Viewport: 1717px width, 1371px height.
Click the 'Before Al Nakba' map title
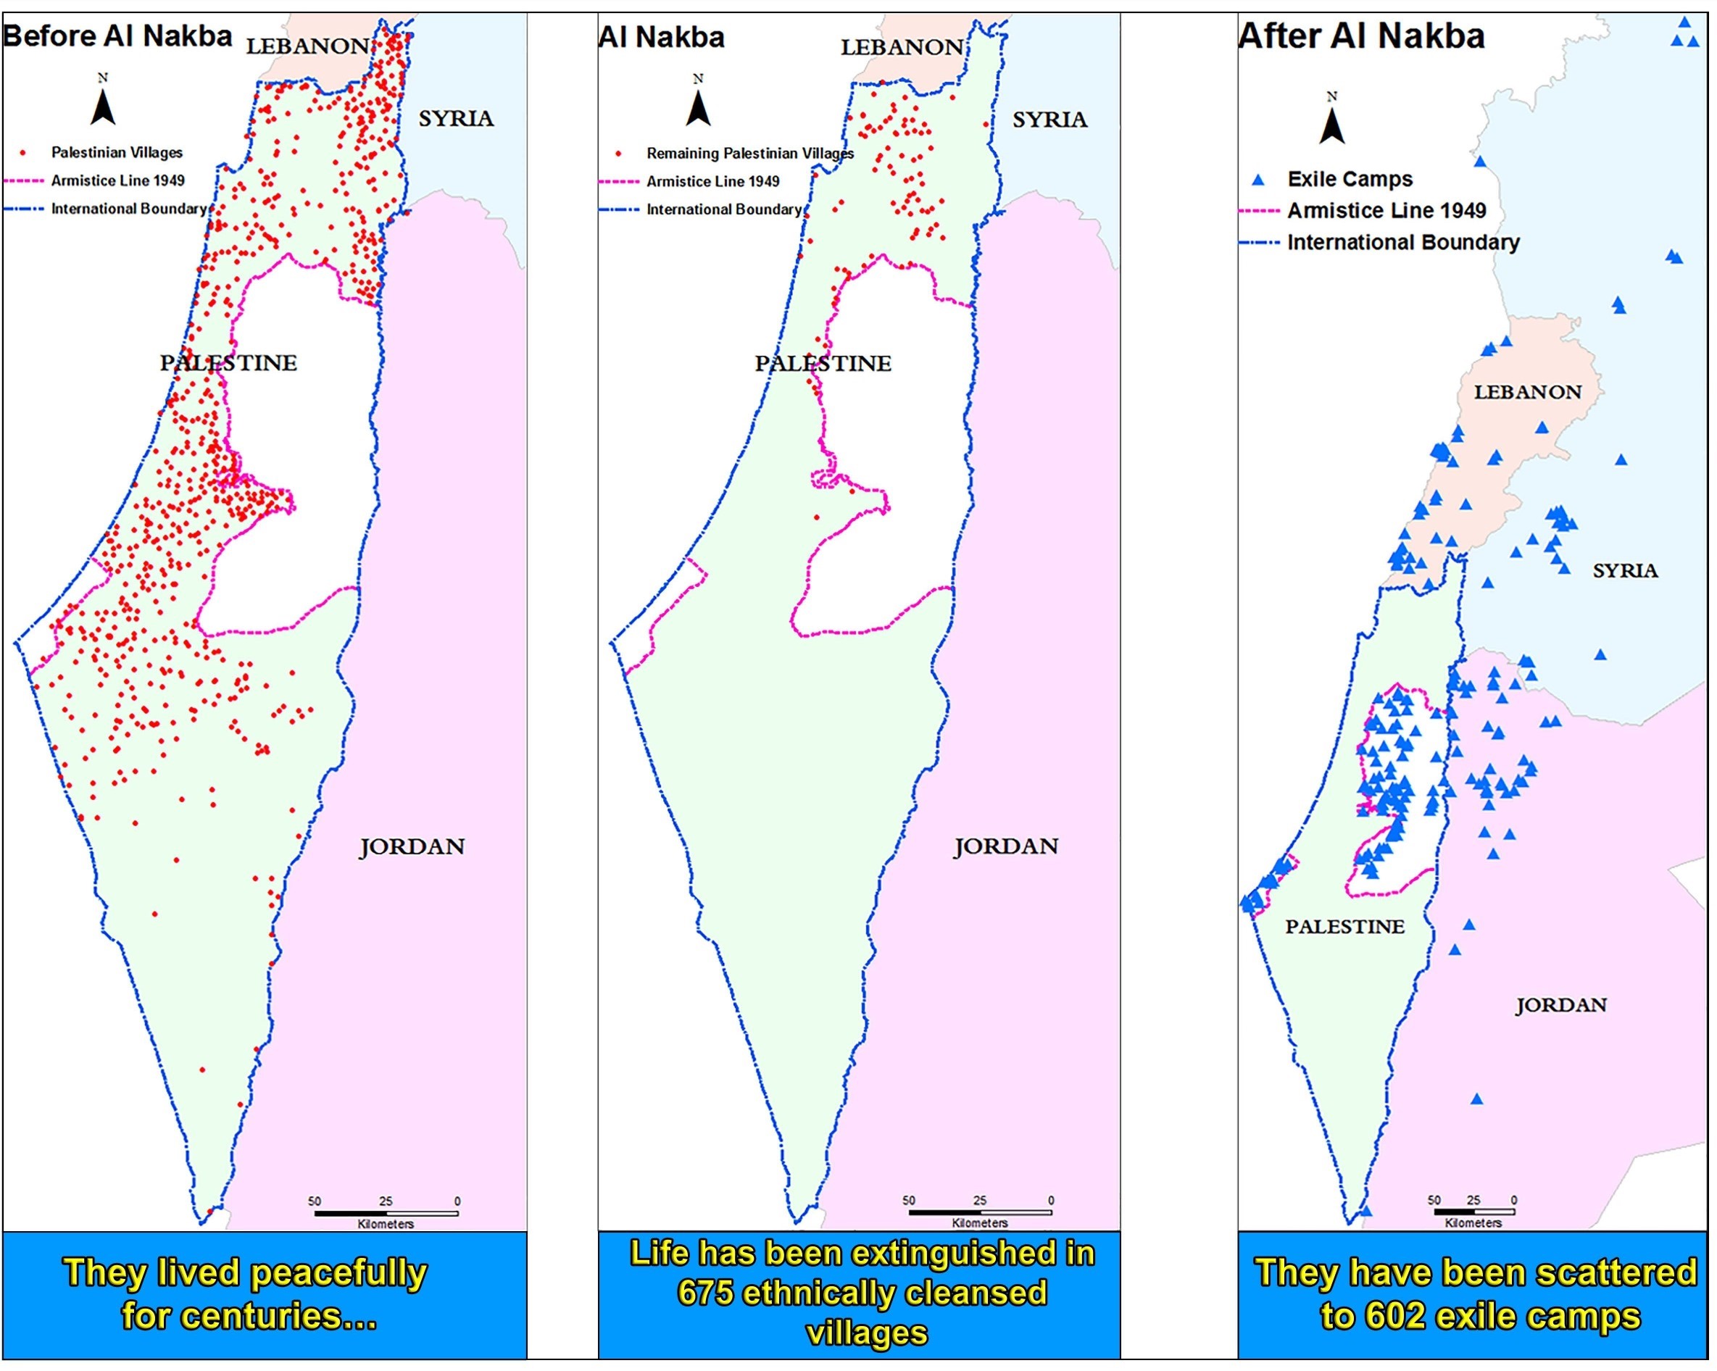117,36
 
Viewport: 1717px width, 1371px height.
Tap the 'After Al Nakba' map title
1361,36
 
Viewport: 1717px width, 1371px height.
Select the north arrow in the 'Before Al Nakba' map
103,107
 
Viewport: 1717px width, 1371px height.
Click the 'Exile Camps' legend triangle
1258,180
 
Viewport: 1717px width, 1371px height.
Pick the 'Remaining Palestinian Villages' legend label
749,153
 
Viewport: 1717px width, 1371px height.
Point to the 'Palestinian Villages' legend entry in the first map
116,152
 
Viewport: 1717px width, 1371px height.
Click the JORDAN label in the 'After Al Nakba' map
1560,1005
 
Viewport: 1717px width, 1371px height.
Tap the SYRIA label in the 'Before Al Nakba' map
456,119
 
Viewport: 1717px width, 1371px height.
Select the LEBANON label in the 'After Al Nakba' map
1526,392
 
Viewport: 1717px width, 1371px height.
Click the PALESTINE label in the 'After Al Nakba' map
1344,927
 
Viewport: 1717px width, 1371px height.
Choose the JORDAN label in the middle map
1006,846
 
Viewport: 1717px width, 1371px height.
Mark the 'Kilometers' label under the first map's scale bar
386,1224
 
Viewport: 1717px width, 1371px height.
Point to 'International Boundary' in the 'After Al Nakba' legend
1403,242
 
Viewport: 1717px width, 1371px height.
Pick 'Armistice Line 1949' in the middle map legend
712,182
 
